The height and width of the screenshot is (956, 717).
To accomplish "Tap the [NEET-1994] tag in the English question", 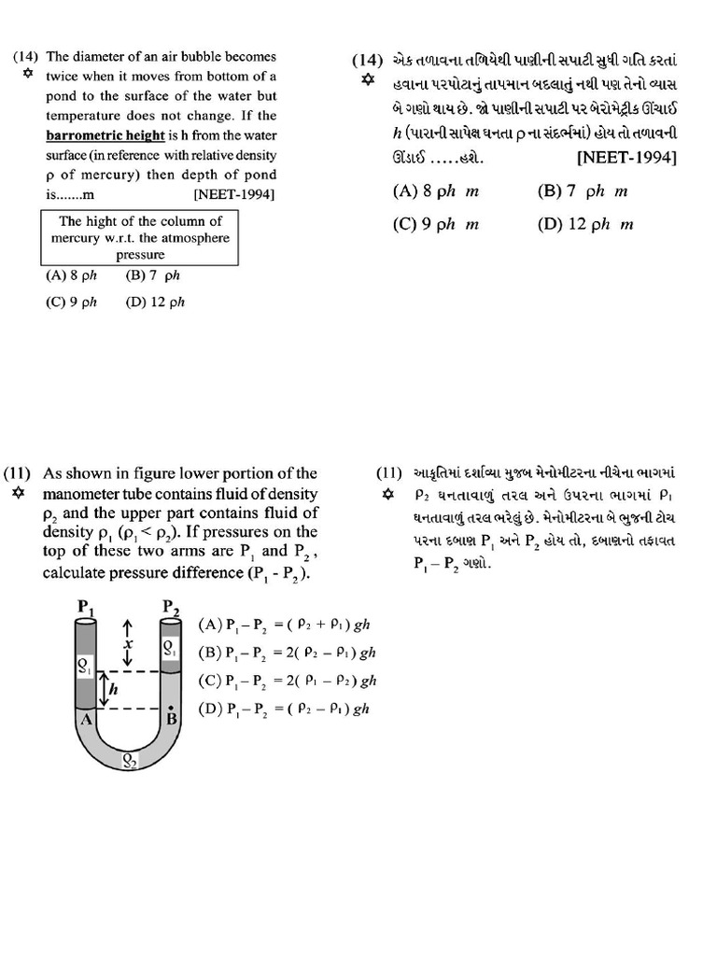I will [x=233, y=194].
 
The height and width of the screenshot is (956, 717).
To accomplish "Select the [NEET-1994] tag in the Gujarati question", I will [x=627, y=157].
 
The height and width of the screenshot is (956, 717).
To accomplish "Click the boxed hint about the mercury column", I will [x=140, y=237].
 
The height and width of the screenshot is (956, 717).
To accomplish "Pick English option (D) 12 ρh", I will [x=155, y=302].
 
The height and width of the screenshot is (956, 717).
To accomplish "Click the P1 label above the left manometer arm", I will [x=85, y=608].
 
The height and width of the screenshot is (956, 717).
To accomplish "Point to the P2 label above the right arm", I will [x=172, y=608].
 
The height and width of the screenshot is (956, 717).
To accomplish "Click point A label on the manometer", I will [x=85, y=719].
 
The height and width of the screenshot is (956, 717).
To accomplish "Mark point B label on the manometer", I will [x=172, y=720].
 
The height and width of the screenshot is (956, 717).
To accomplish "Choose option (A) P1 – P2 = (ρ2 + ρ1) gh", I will [x=285, y=625].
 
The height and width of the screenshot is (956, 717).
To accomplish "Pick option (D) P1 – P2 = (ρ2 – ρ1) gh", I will [x=285, y=708].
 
